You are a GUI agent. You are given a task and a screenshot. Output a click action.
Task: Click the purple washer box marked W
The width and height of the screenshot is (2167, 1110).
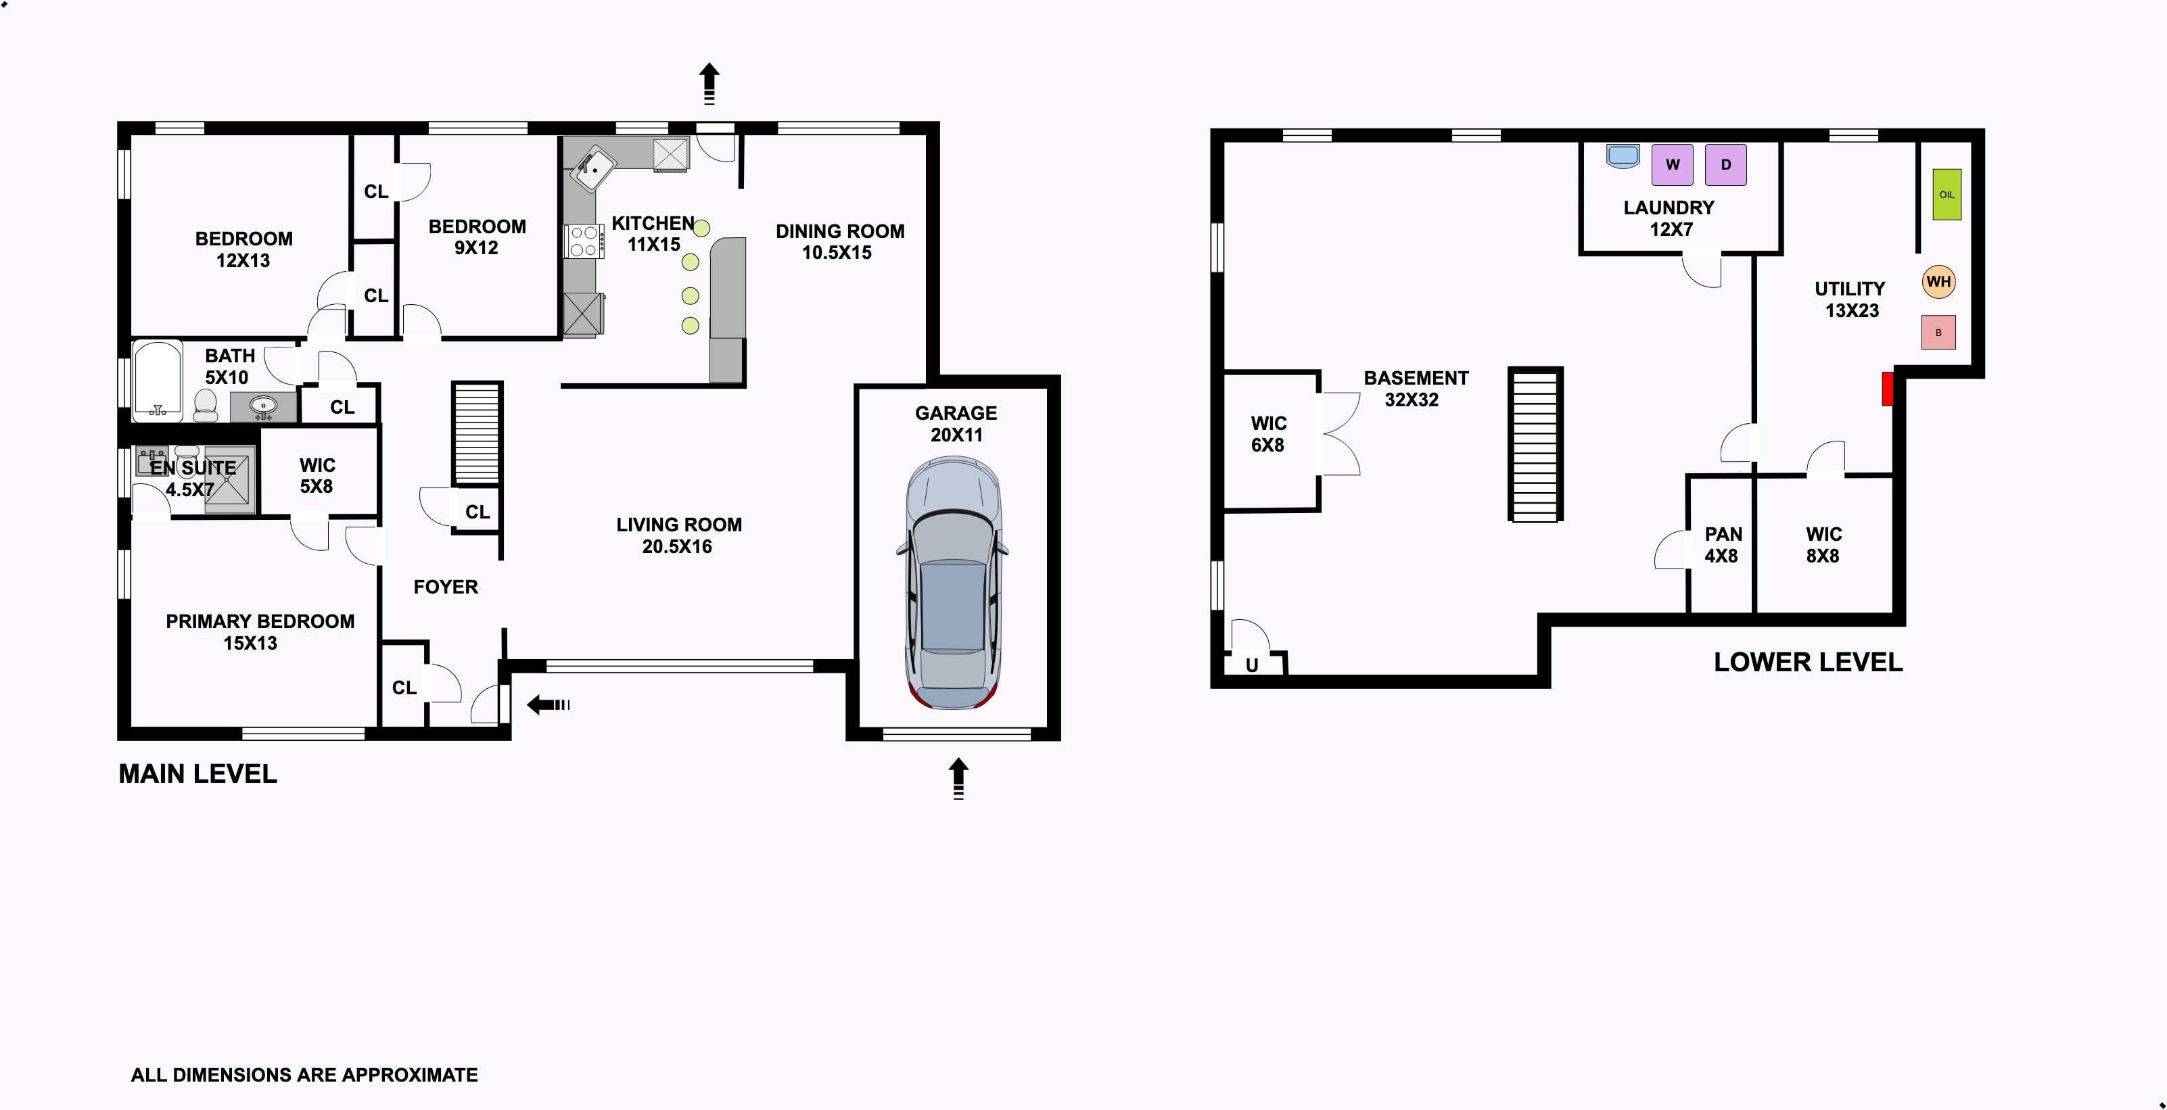click(x=1673, y=165)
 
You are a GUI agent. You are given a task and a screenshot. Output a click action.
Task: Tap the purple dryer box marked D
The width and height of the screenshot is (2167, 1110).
click(x=1725, y=165)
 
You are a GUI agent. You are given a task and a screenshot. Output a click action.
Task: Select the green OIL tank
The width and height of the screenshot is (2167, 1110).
click(x=1947, y=194)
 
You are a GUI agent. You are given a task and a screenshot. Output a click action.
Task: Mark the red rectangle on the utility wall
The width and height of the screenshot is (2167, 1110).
click(x=1887, y=389)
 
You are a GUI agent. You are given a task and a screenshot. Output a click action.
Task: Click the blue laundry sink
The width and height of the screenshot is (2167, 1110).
click(x=1623, y=156)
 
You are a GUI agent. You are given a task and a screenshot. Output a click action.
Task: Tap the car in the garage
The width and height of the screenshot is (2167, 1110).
click(x=952, y=582)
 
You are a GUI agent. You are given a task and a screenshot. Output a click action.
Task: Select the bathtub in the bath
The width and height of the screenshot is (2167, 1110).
click(x=158, y=379)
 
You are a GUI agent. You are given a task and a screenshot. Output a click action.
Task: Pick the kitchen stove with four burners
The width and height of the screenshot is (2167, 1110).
click(x=584, y=241)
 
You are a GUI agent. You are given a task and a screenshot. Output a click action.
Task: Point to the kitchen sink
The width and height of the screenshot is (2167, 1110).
click(x=593, y=168)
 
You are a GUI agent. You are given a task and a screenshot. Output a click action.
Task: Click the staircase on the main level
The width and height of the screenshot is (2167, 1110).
click(x=477, y=433)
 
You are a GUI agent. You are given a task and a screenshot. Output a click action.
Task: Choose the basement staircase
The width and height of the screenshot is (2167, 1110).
click(x=1535, y=444)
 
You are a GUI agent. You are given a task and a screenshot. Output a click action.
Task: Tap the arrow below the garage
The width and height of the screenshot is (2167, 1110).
click(x=958, y=779)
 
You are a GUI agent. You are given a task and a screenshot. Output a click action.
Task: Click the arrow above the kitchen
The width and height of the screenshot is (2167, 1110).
click(x=709, y=83)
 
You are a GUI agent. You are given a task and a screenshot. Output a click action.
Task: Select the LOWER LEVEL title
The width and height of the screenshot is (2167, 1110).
click(x=1808, y=662)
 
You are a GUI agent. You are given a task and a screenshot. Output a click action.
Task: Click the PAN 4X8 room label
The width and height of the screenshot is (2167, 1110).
click(x=1723, y=545)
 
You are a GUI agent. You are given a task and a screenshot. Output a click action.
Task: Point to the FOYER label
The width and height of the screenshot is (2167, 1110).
click(x=446, y=587)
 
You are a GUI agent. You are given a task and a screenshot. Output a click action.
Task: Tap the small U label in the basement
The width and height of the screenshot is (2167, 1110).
click(x=1252, y=665)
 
